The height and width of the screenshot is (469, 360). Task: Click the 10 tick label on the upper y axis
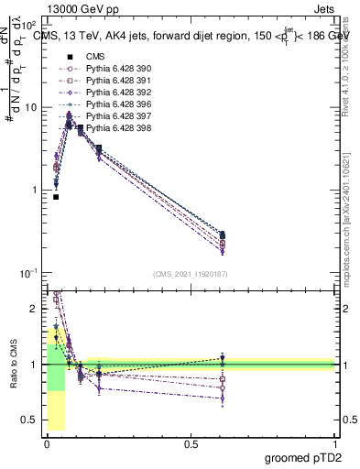pos(28,107)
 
